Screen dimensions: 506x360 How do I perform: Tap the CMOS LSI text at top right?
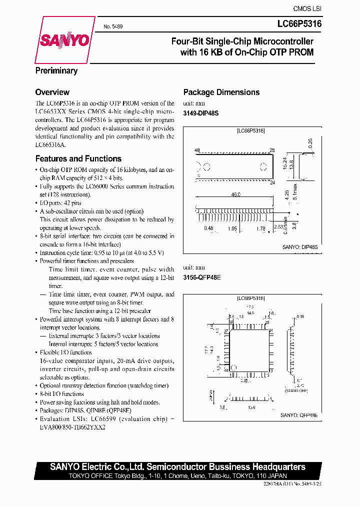point(307,8)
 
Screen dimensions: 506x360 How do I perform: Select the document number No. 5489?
point(113,26)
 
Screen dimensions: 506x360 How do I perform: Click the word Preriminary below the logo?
point(56,70)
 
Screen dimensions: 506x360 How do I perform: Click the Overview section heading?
point(52,92)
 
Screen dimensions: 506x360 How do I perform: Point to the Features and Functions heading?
point(78,158)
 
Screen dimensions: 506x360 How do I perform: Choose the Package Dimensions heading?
point(221,92)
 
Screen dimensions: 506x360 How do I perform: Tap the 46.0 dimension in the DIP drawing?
point(235,194)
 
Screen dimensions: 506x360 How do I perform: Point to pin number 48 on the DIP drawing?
point(197,150)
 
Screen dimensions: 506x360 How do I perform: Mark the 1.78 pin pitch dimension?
point(260,228)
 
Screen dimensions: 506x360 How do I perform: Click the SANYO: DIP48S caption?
point(299,247)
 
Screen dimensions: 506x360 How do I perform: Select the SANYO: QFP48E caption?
point(299,415)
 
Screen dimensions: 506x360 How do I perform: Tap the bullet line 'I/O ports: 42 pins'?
point(60,203)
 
